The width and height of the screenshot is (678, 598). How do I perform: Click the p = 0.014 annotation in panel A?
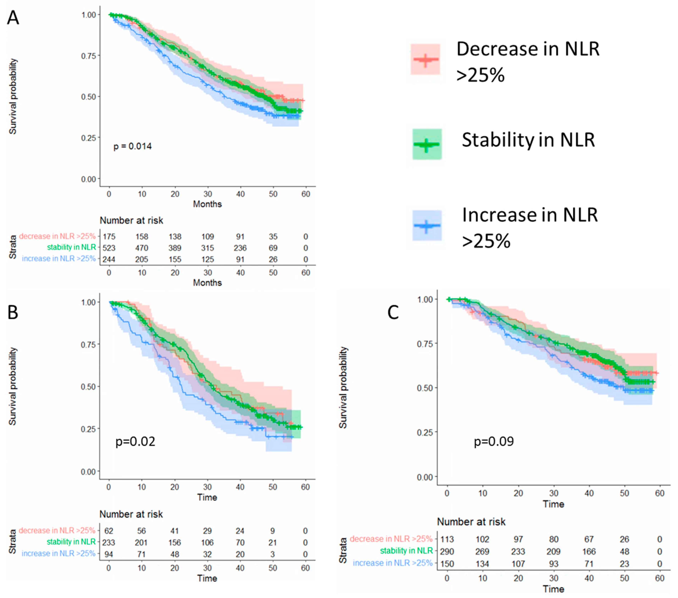coord(132,146)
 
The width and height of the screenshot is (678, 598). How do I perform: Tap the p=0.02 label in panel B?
coord(135,442)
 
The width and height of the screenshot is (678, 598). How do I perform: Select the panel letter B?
coord(13,312)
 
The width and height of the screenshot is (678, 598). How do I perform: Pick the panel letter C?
coord(393,312)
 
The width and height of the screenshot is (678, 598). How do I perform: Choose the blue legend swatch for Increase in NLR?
coord(427,226)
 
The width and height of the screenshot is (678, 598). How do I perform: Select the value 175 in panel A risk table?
coord(109,237)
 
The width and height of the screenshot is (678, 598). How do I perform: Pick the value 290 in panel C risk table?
coord(447,551)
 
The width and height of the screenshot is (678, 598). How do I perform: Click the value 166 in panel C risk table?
coord(589,551)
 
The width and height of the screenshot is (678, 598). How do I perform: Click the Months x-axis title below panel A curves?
coord(207,204)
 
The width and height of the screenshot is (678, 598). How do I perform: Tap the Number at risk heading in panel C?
coord(471,522)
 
